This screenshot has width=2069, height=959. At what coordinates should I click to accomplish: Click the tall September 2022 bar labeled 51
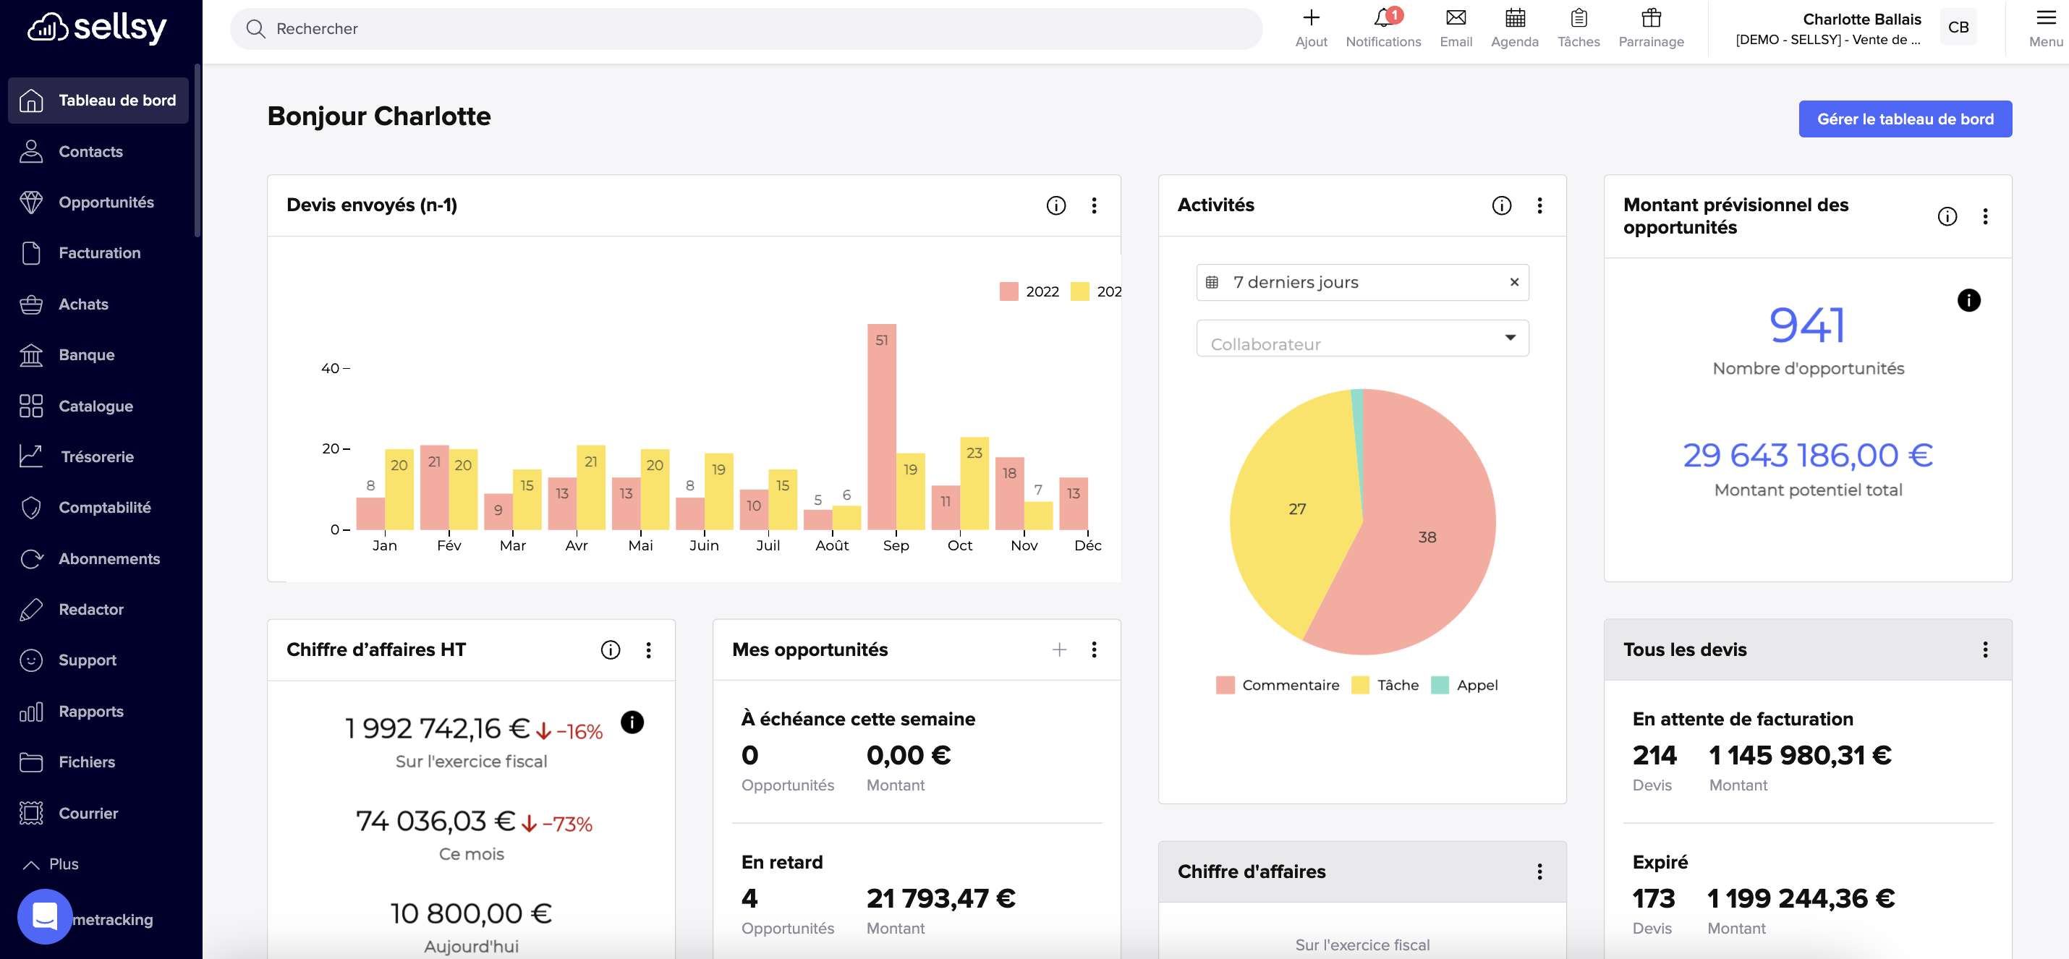[x=881, y=426]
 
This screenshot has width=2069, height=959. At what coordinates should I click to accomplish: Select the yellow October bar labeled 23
[x=974, y=482]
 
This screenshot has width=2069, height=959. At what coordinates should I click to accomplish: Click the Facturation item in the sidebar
[x=99, y=253]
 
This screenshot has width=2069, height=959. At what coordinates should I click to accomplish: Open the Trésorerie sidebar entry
[x=97, y=457]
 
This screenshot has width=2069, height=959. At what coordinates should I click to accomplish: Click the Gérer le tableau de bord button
[x=1904, y=119]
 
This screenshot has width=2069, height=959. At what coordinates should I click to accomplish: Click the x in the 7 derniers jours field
[x=1513, y=282]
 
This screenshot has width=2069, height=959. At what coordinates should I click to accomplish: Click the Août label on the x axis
[x=831, y=545]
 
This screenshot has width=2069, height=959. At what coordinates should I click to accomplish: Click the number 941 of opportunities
[x=1806, y=326]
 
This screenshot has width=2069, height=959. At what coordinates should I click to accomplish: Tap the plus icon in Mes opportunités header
[x=1058, y=649]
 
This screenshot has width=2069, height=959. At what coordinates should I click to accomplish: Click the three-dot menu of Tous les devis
[x=1984, y=649]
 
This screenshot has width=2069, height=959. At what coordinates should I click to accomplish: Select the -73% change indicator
[x=566, y=824]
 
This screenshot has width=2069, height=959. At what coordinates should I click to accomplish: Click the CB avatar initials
[x=1958, y=27]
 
